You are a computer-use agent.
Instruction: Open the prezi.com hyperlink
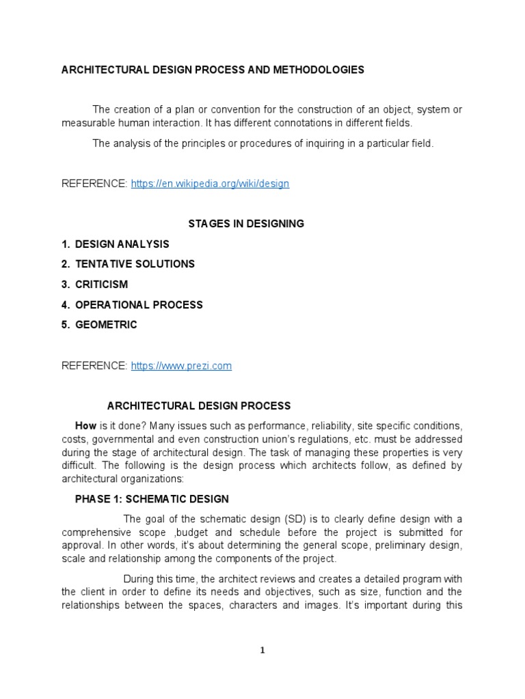click(180, 366)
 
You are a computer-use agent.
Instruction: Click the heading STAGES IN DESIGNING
click(245, 224)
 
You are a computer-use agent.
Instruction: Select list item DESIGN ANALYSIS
click(122, 244)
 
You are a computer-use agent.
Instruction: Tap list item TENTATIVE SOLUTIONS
click(135, 264)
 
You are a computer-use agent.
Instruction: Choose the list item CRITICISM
click(101, 285)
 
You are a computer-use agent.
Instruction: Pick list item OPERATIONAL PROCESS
click(139, 304)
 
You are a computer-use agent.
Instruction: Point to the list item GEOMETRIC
click(106, 325)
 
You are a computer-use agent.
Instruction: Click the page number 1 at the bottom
click(262, 651)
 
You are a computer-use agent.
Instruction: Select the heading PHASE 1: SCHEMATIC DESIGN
click(152, 499)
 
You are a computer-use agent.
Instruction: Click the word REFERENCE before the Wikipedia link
click(94, 184)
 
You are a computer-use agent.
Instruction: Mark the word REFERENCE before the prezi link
click(94, 366)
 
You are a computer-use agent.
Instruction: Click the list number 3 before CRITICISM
click(64, 285)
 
